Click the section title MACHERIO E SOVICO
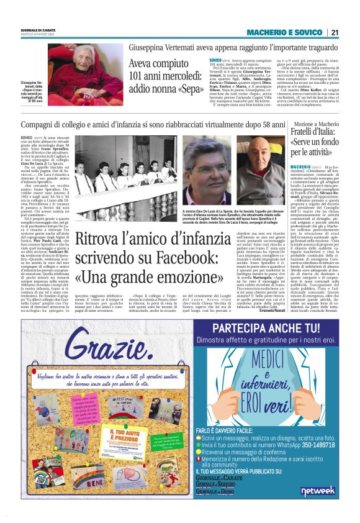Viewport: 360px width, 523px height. pyautogui.click(x=284, y=32)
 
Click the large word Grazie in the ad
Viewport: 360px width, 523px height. pyautogui.click(x=101, y=339)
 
